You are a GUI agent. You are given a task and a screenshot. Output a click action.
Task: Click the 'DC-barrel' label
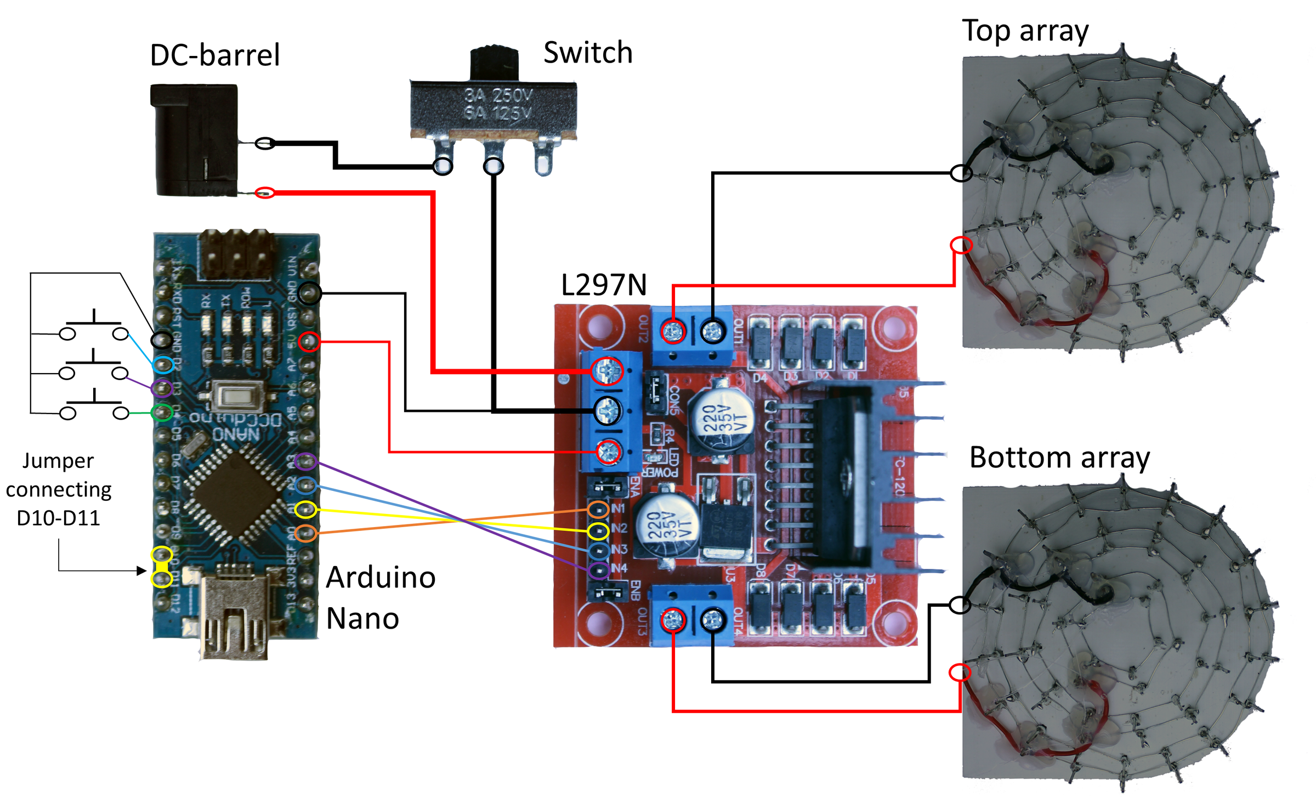pyautogui.click(x=214, y=55)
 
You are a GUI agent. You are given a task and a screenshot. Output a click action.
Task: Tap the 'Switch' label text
pyautogui.click(x=588, y=53)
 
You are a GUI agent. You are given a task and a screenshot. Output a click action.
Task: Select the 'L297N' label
pyautogui.click(x=604, y=285)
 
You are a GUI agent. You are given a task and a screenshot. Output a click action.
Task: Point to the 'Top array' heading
pyautogui.click(x=1025, y=31)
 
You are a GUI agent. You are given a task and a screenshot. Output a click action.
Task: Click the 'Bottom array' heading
pyautogui.click(x=1059, y=457)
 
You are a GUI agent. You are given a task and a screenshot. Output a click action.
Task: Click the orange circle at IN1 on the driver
pyautogui.click(x=598, y=510)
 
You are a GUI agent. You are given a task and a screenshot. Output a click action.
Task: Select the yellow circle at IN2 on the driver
pyautogui.click(x=598, y=531)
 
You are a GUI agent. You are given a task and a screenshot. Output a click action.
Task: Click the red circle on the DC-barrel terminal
pyautogui.click(x=265, y=193)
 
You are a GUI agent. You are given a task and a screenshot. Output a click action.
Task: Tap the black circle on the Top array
pyautogui.click(x=961, y=173)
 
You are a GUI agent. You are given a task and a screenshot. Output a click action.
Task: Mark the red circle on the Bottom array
pyautogui.click(x=960, y=672)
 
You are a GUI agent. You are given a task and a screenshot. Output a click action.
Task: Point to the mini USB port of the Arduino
pyautogui.click(x=234, y=614)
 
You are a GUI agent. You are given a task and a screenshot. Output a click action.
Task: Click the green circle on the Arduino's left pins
pyautogui.click(x=162, y=412)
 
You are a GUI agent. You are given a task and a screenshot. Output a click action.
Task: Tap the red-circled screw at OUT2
pyautogui.click(x=673, y=331)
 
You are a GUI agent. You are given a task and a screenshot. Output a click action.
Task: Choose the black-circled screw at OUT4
pyautogui.click(x=712, y=620)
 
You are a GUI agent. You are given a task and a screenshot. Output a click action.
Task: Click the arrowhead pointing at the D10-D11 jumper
pyautogui.click(x=142, y=570)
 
